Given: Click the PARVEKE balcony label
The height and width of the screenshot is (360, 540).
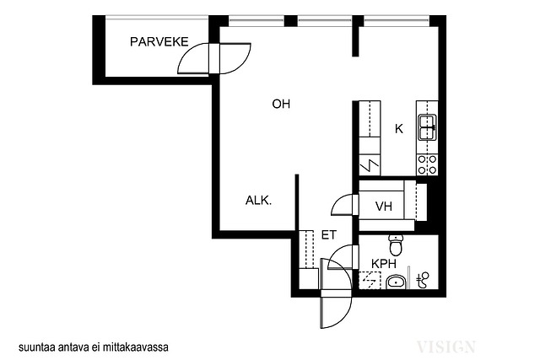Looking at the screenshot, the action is point(159,42).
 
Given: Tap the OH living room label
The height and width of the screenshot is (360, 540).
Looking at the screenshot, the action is point(281,104).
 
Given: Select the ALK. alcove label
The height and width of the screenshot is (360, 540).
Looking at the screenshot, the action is point(259,201).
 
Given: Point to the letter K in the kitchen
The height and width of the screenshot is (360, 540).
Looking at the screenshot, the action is point(399,129).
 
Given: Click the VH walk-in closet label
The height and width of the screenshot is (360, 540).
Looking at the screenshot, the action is point(384,207).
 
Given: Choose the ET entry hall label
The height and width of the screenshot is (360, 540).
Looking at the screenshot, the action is point(328,235).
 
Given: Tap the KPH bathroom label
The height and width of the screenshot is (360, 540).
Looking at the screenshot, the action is point(384,264).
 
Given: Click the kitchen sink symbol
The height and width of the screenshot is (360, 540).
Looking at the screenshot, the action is point(428,127).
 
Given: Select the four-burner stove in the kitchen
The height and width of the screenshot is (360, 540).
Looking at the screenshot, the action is point(428,164).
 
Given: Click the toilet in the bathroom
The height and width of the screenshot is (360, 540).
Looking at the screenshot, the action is point(396,244).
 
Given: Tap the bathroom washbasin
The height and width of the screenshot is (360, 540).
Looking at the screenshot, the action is point(396,282).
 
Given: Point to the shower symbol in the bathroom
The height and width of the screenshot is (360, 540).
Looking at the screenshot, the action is point(424,280).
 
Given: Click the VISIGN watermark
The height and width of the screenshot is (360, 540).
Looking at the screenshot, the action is point(446,347).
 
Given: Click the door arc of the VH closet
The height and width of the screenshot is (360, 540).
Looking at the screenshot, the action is point(342,206).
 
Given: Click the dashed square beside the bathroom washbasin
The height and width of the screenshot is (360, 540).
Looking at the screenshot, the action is point(370,281).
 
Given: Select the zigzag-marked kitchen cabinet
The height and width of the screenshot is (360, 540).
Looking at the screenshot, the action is point(370,165).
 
